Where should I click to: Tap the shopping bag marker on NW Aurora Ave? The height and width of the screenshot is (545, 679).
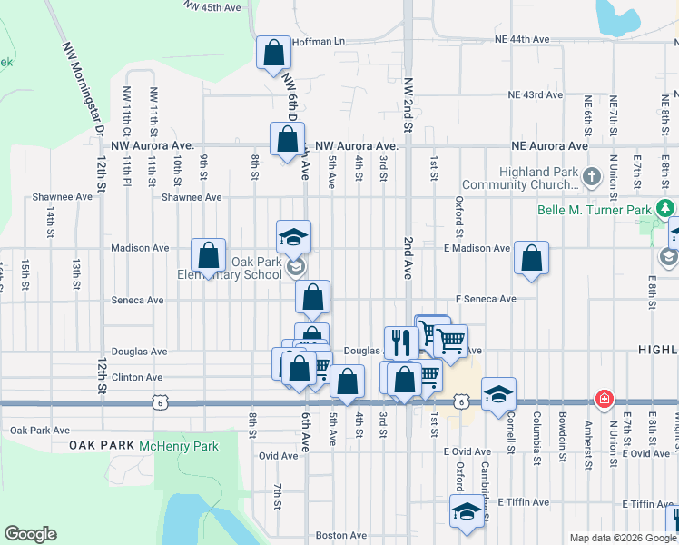coord(287,140)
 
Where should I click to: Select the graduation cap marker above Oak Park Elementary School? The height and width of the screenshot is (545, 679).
coord(294,236)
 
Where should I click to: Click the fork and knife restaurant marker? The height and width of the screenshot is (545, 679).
coord(400,342)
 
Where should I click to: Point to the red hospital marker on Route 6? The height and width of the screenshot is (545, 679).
coord(603,399)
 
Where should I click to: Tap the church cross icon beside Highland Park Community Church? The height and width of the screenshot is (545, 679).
coord(592,176)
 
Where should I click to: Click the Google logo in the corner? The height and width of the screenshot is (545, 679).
coord(30,534)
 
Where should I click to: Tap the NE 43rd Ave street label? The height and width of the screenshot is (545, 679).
coord(536,94)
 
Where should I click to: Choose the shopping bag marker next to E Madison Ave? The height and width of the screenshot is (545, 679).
coord(531,257)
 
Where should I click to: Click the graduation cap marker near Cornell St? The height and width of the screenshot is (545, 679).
coord(498,394)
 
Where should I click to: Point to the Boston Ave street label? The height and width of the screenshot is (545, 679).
coord(339,536)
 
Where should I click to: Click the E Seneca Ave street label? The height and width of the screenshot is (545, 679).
coord(486,299)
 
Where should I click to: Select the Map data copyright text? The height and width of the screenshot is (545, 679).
coord(622,538)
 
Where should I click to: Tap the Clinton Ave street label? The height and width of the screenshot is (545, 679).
coord(137,377)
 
